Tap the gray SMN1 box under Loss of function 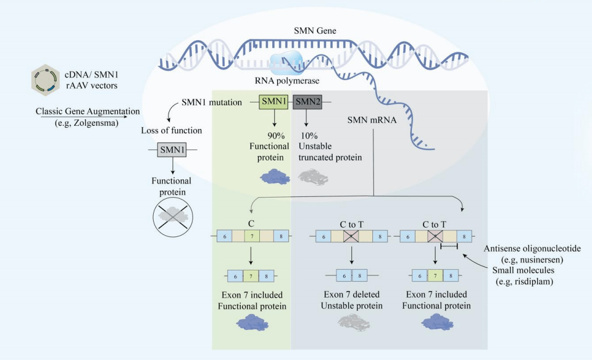pyautogui.click(x=173, y=150)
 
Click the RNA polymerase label pyautogui.click(x=283, y=80)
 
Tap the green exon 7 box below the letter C pyautogui.click(x=252, y=236)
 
